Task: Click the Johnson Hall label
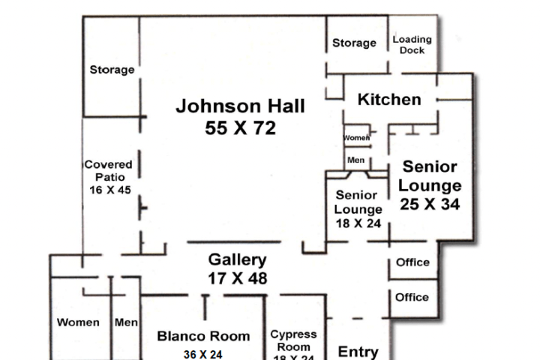(x=240, y=106)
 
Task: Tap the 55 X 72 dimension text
(x=240, y=128)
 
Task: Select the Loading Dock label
(x=412, y=45)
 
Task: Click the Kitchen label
(x=388, y=100)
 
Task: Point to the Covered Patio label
(x=108, y=170)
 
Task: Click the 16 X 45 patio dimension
(x=109, y=190)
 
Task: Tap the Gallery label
(x=237, y=260)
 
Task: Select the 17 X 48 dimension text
(x=237, y=278)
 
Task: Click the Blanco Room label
(x=203, y=336)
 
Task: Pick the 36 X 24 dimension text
(x=202, y=354)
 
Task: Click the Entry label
(x=358, y=351)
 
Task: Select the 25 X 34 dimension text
(x=429, y=203)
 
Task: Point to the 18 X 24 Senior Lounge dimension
(x=358, y=223)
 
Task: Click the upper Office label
(x=412, y=262)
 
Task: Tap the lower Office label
(x=412, y=297)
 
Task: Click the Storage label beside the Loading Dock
(x=354, y=43)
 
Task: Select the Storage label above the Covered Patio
(x=112, y=70)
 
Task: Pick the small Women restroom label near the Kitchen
(x=357, y=138)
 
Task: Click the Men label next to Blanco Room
(x=126, y=322)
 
